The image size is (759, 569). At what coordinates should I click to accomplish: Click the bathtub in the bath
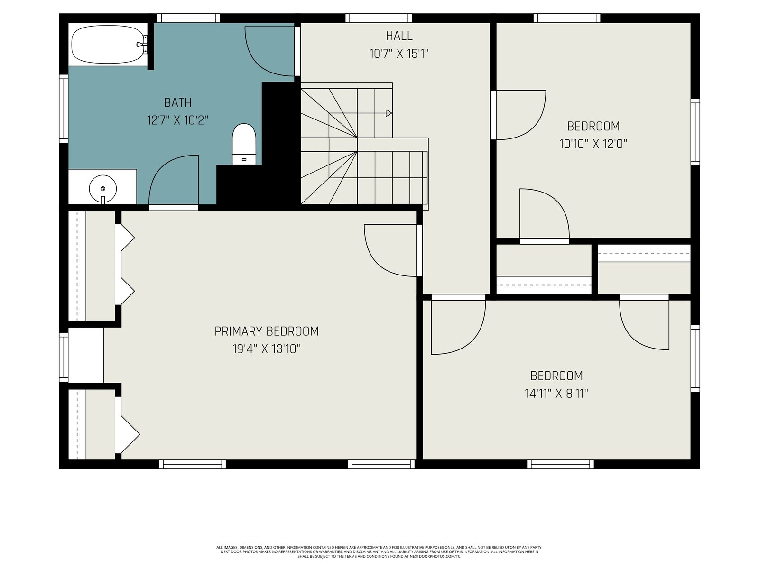coord(107,44)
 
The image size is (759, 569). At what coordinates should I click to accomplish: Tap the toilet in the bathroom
coord(244,144)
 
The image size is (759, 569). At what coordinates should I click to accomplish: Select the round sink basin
coord(102,188)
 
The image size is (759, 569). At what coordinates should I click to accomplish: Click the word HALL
coord(398,36)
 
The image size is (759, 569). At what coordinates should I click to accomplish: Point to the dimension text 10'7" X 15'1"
coord(398,54)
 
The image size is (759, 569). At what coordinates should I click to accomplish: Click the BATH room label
coord(177,102)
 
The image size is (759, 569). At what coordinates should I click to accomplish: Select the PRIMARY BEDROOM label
coord(266,331)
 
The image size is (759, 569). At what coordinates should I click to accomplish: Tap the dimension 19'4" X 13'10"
coord(266,349)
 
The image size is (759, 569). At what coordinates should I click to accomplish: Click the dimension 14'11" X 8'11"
coord(556,394)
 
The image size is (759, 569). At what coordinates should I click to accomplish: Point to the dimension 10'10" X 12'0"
coord(593,144)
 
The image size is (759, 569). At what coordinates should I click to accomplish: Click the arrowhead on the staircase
coord(389,113)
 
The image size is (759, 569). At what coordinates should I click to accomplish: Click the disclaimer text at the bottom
coord(379,552)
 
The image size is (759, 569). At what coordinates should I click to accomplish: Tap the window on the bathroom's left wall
coord(64,109)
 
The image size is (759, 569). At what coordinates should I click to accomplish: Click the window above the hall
coord(379,18)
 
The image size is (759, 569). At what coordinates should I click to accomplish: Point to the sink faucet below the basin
coord(102,200)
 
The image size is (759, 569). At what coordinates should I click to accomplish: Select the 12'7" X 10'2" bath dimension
coord(177,120)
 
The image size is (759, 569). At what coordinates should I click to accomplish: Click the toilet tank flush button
coord(244,160)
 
